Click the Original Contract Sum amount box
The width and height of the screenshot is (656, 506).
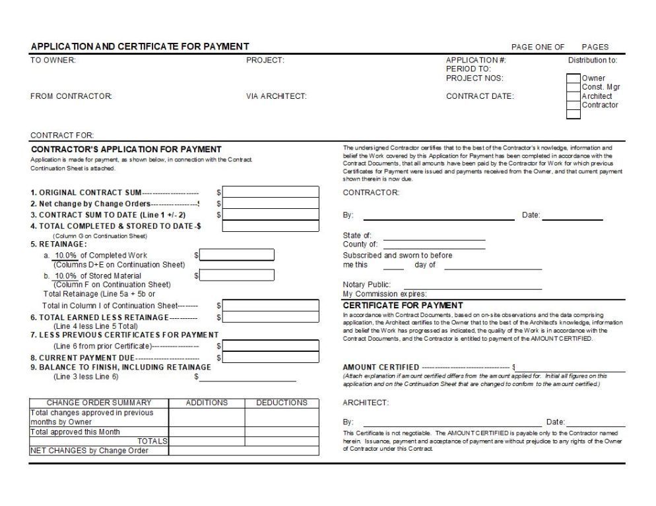coord(271,192)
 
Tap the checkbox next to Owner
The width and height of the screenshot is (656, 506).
coord(574,78)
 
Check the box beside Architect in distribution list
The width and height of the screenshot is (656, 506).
coord(574,96)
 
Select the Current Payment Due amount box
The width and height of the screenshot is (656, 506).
coord(271,358)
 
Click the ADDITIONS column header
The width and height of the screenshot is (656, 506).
coord(207,403)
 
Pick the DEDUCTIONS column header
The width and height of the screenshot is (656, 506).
coord(281,403)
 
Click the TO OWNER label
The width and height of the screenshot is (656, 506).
coord(53,61)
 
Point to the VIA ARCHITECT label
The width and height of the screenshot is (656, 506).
coord(276,96)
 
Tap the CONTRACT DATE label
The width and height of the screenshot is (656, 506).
coord(480,96)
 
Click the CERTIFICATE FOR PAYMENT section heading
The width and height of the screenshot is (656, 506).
coord(403,306)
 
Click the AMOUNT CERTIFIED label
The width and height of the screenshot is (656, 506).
coord(381,367)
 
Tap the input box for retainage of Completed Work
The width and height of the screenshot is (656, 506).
coord(237,256)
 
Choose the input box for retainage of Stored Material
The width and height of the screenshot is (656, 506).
coord(237,275)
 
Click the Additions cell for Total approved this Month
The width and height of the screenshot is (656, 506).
coord(207,432)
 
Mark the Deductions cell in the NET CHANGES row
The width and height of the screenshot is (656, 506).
coord(281,451)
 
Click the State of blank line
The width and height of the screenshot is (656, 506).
coord(434,236)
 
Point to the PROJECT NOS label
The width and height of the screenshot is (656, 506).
coord(475,78)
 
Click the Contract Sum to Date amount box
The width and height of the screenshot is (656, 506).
coord(271,215)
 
